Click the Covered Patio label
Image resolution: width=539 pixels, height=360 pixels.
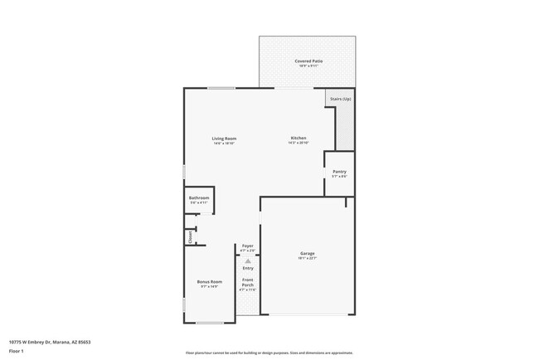[x=307, y=61]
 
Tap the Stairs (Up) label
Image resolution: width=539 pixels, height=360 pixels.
[x=340, y=99]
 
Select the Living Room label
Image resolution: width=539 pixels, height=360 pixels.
[x=224, y=138]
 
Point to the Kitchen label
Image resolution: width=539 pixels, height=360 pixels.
[x=299, y=138]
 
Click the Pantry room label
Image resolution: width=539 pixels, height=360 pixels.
[x=339, y=171]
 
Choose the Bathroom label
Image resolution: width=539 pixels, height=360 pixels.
[x=199, y=197]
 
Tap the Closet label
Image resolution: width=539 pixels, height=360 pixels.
[x=190, y=236]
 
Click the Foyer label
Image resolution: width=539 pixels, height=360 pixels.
[x=247, y=246]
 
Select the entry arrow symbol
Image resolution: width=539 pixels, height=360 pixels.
[x=247, y=260]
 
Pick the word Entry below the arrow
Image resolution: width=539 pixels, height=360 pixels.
[x=248, y=268]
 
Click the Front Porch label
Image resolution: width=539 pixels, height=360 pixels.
[x=248, y=282]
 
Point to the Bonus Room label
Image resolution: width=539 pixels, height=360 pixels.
[x=209, y=282]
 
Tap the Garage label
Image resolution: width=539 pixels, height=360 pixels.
[x=307, y=253]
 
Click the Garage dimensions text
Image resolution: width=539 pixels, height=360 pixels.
[x=307, y=259]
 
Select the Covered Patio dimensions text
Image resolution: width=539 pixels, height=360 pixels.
[x=307, y=66]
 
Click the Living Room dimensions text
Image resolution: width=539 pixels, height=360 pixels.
[x=224, y=144]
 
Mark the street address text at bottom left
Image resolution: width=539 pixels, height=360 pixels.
[x=49, y=342]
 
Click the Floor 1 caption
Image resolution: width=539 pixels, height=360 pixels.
[x=16, y=351]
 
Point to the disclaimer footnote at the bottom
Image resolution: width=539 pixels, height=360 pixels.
[x=269, y=353]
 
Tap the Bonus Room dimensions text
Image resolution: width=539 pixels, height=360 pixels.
[x=209, y=287]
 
